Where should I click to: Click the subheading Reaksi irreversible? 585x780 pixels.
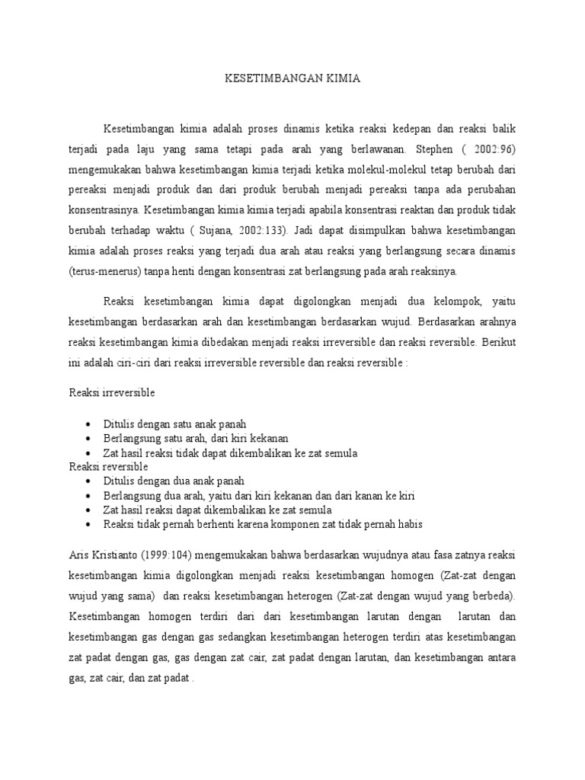point(112,392)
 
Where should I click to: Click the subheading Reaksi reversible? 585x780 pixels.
point(108,466)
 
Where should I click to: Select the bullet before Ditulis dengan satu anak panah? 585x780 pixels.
point(89,424)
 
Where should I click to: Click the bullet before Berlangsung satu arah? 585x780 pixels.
point(89,438)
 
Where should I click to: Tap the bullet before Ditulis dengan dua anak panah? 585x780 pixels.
point(89,481)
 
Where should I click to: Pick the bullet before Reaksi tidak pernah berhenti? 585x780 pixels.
point(89,525)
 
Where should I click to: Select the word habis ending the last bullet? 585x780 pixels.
point(408,525)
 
